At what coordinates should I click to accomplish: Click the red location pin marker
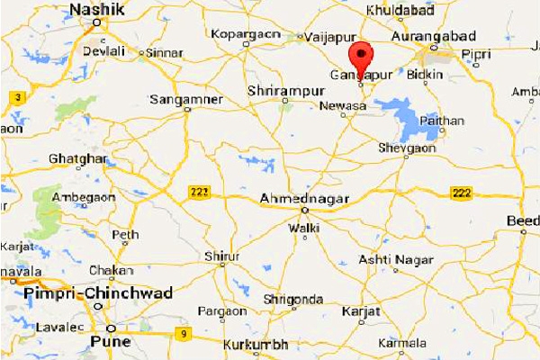363,59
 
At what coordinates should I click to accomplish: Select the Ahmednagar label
302,197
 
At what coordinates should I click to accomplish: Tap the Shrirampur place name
283,91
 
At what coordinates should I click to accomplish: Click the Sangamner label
185,98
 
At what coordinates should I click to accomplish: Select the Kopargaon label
240,34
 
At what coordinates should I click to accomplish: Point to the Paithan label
441,120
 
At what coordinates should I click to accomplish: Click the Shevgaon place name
407,148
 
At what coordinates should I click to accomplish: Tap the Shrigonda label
292,299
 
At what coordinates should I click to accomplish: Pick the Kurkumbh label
256,345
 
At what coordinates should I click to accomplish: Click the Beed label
523,221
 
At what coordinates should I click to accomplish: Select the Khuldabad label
400,11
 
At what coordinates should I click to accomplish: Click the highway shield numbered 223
199,192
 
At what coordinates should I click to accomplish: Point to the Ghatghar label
78,159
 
